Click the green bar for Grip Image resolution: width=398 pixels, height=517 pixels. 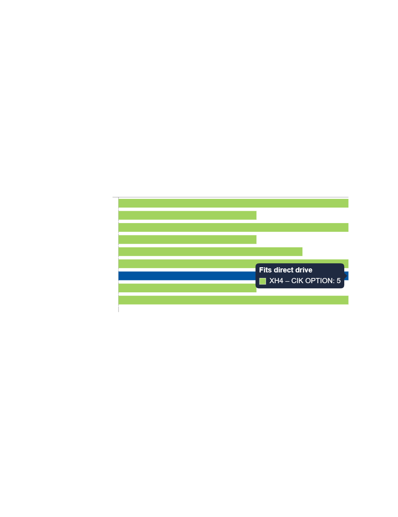click(x=233, y=203)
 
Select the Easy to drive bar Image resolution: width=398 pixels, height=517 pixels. click(x=187, y=215)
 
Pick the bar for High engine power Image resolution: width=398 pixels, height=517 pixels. click(x=233, y=227)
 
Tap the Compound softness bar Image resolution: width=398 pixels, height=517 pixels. click(x=187, y=239)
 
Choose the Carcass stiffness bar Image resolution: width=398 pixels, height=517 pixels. click(x=210, y=251)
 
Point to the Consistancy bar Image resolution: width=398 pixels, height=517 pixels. click(x=233, y=300)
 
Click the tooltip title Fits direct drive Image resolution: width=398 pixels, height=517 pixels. click(x=286, y=270)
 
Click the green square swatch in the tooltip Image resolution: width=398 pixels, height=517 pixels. click(x=263, y=281)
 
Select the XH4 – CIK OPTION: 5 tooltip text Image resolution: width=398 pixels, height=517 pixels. click(x=305, y=281)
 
